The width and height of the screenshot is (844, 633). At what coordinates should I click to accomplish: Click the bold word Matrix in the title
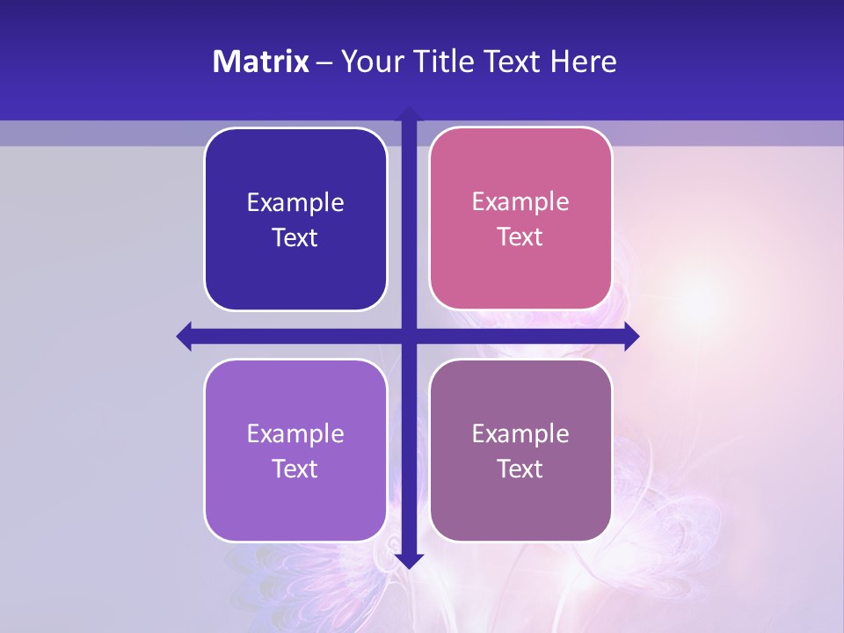click(x=261, y=62)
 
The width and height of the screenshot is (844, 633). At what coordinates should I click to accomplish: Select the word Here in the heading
click(x=583, y=62)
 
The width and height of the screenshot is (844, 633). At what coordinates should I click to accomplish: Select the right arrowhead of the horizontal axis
click(x=631, y=336)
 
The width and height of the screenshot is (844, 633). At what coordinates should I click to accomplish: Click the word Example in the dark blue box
click(x=295, y=203)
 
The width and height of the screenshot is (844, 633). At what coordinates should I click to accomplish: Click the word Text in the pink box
click(x=520, y=237)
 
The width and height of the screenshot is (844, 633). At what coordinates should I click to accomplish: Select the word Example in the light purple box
click(x=295, y=434)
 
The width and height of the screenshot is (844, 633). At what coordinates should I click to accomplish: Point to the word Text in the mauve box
click(x=520, y=469)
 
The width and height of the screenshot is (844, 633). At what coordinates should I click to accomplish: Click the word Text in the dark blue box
click(x=295, y=238)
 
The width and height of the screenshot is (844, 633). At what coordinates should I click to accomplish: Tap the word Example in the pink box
click(x=520, y=202)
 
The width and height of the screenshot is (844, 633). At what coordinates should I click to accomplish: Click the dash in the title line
click(x=325, y=62)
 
